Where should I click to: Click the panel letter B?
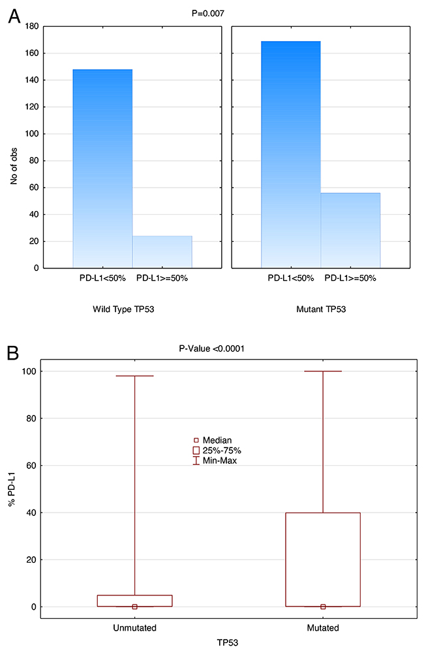(x=14, y=354)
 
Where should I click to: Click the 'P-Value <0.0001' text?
(x=212, y=349)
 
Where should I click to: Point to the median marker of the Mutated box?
(x=323, y=606)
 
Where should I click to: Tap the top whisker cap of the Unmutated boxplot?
(x=134, y=376)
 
